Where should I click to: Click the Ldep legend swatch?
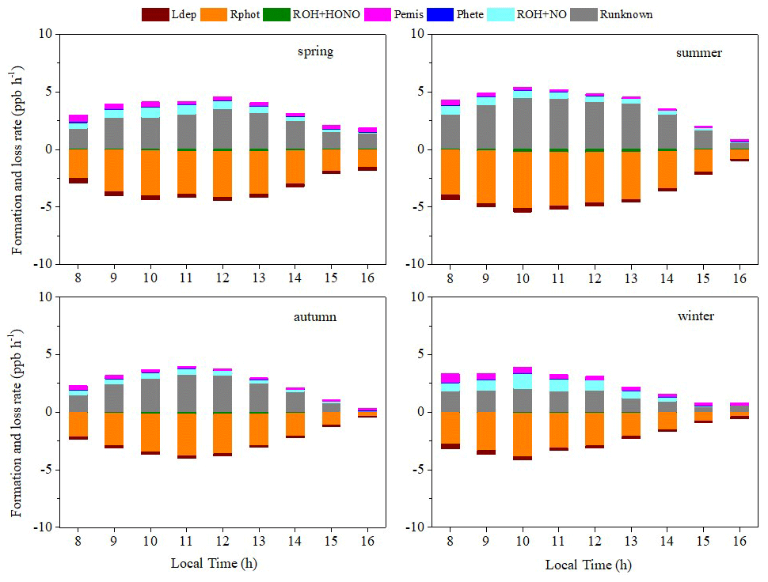[155, 13]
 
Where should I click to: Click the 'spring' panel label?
[315, 52]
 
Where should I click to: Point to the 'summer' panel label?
[699, 53]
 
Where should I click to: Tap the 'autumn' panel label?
[314, 316]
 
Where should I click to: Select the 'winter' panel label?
[696, 316]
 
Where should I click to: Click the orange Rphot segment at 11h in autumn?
[186, 434]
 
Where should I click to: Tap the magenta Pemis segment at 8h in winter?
[451, 378]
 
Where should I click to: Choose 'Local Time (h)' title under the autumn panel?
[214, 563]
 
